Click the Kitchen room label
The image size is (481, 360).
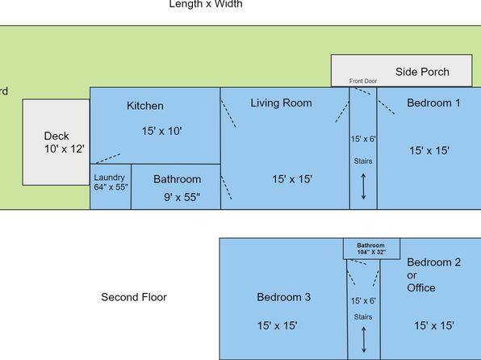[x=145, y=106]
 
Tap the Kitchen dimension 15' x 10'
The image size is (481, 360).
[x=161, y=131]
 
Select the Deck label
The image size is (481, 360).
[x=56, y=136]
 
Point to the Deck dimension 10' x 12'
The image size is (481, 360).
[x=64, y=149]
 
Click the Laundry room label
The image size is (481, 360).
[x=109, y=178]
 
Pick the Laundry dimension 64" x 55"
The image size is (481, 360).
[x=111, y=187]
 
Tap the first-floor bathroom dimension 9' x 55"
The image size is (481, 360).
[x=182, y=197]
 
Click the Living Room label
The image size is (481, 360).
[x=282, y=103]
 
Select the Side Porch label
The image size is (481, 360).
[x=422, y=72]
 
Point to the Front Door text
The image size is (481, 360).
[x=363, y=81]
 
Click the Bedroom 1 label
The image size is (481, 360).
[x=433, y=103]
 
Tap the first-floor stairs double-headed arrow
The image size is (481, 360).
[x=363, y=186]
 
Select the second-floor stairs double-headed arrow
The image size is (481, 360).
[x=364, y=340]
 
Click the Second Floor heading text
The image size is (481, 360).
[x=134, y=297]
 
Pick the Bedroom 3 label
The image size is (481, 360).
[x=284, y=297]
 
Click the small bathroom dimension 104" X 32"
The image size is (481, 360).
[x=371, y=252]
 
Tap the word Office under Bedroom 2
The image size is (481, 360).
[x=421, y=288]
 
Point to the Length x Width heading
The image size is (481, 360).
[x=206, y=4]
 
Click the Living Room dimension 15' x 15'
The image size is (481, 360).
[x=292, y=179]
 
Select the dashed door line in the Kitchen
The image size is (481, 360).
[x=108, y=158]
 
